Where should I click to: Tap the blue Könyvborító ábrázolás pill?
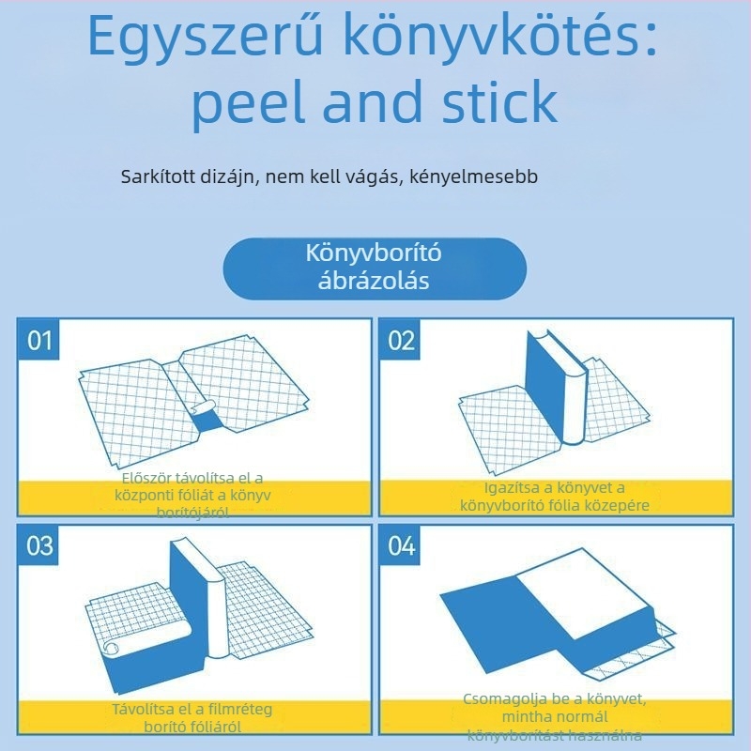tap(375, 268)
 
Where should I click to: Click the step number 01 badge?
tap(39, 340)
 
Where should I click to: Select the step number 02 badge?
tap(401, 340)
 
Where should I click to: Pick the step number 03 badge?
tap(39, 545)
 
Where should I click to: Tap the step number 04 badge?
tap(401, 545)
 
